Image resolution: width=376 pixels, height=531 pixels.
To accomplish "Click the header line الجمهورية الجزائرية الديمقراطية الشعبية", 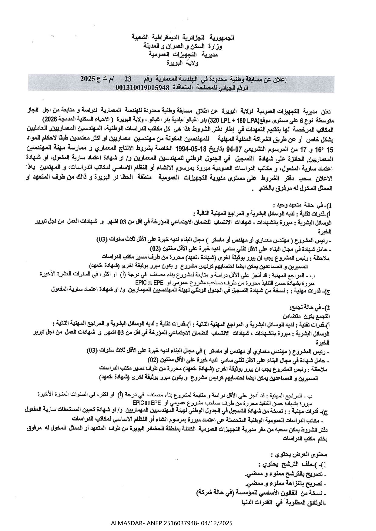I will [183, 38].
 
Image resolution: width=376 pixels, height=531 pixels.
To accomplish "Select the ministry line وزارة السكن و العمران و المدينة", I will [183, 47].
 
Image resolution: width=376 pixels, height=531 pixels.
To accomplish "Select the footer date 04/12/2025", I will [217, 523].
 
